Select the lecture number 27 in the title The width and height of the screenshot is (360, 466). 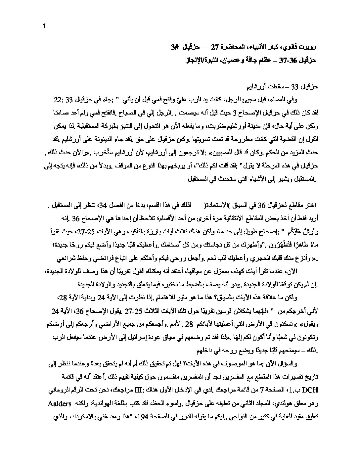click(x=215, y=48)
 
